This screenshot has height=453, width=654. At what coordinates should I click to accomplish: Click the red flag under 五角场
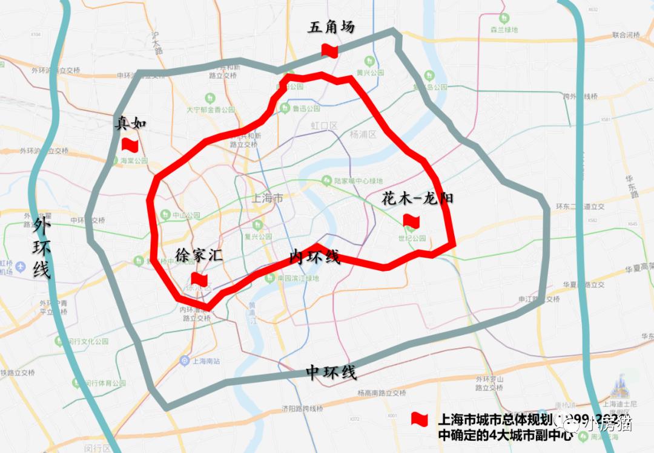[329, 50]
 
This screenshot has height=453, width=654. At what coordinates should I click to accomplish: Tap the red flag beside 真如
[130, 144]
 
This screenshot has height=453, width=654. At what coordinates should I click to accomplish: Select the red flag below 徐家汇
[199, 279]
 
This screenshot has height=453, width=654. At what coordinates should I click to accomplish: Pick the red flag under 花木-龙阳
[411, 221]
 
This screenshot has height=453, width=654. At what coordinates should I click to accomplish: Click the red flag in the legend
[419, 419]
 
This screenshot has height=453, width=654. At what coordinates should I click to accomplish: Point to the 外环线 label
[41, 249]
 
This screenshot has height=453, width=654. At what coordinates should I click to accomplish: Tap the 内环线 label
[314, 256]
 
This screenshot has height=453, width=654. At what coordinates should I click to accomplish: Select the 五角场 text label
[331, 28]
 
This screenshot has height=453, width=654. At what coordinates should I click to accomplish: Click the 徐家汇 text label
[199, 255]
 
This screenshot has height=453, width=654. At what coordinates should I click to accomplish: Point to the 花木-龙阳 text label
[417, 198]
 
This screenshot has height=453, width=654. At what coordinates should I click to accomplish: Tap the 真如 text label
[131, 123]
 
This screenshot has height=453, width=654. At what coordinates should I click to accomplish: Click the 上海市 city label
[267, 198]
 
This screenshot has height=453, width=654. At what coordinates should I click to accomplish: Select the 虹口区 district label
[323, 125]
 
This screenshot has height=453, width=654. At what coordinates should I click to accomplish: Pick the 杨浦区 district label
[363, 134]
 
